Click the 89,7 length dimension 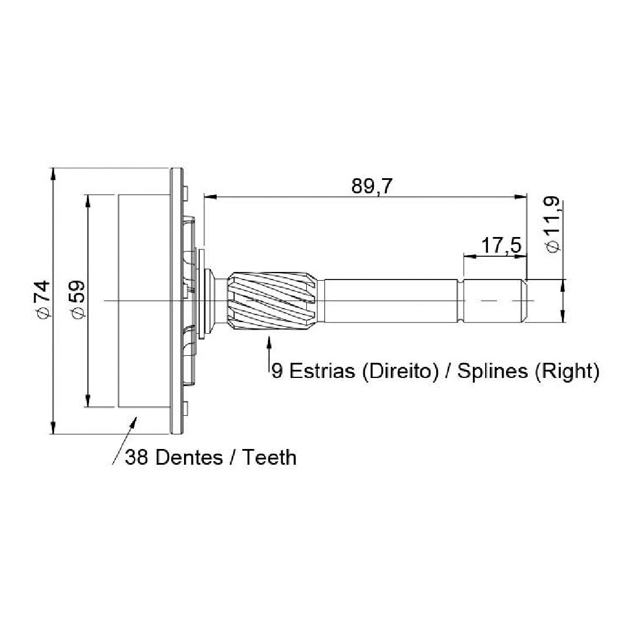[372, 186]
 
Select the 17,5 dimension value [501, 245]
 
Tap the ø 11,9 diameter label [552, 224]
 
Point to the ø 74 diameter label [42, 299]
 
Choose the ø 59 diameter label [76, 299]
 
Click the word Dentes [189, 457]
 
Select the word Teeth [270, 457]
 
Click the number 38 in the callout [137, 457]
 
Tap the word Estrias [322, 370]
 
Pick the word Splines [492, 370]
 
